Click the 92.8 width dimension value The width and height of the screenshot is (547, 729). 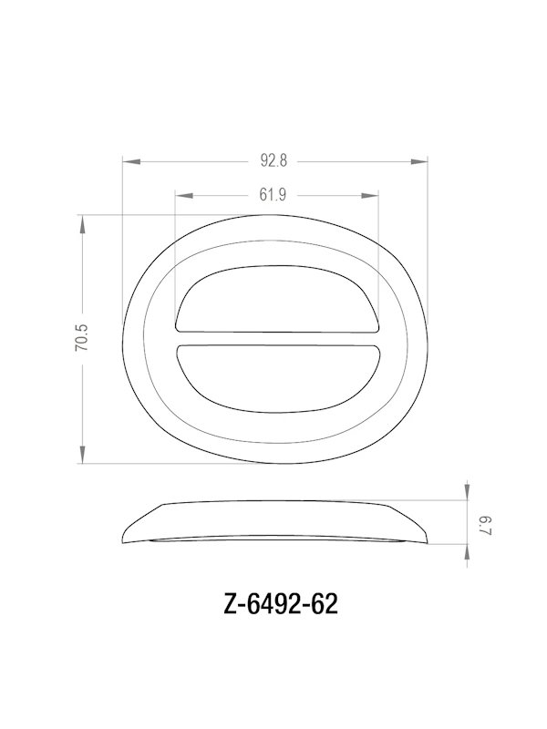pyautogui.click(x=273, y=161)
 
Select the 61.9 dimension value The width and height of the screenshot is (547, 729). pyautogui.click(x=273, y=194)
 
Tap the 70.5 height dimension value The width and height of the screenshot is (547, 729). pyautogui.click(x=82, y=338)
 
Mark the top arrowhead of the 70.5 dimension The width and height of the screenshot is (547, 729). pyautogui.click(x=83, y=222)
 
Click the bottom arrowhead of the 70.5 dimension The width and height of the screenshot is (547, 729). pyautogui.click(x=83, y=458)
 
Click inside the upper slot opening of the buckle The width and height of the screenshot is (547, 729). pyautogui.click(x=276, y=301)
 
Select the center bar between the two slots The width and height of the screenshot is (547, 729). pyautogui.click(x=276, y=339)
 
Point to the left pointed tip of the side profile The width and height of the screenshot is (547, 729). pyautogui.click(x=124, y=539)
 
